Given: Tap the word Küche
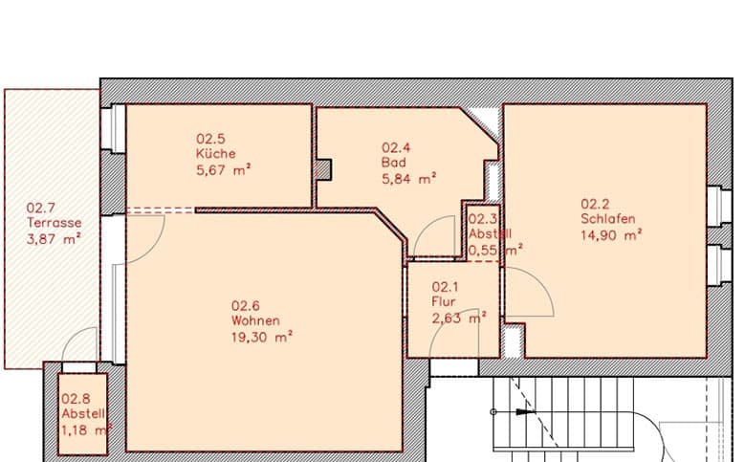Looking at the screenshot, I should (x=210, y=154).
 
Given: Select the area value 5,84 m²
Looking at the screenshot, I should (x=408, y=179).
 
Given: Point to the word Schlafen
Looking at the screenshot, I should (x=606, y=218).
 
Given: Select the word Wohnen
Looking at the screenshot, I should (x=255, y=320).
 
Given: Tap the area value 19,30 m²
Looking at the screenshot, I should (x=261, y=337).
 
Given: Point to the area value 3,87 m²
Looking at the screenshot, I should (x=53, y=239).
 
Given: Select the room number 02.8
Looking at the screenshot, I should (x=76, y=400).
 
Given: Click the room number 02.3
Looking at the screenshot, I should (x=481, y=218).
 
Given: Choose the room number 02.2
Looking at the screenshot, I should (x=595, y=203).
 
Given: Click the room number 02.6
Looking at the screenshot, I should (x=245, y=306).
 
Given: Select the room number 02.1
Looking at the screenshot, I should (x=446, y=287).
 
